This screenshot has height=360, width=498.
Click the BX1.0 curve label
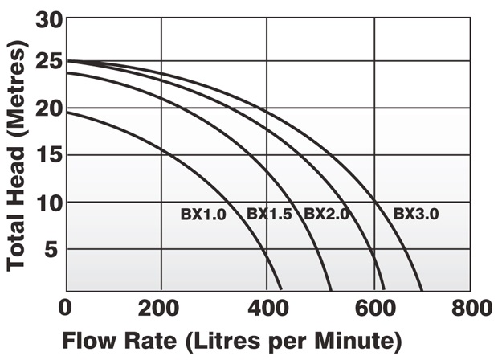(202, 215)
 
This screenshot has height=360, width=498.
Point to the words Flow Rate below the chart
(120, 337)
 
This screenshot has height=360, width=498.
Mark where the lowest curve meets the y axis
(67, 112)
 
